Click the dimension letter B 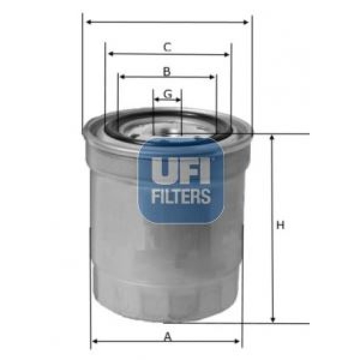click(x=167, y=72)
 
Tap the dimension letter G click(x=168, y=94)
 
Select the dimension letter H click(x=280, y=226)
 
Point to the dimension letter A click(x=168, y=337)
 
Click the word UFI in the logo click(x=180, y=170)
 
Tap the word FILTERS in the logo click(x=181, y=196)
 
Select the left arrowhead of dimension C click(x=110, y=54)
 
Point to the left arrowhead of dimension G click(x=156, y=100)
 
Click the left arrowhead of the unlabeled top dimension click(x=88, y=23)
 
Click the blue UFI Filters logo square click(x=181, y=180)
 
